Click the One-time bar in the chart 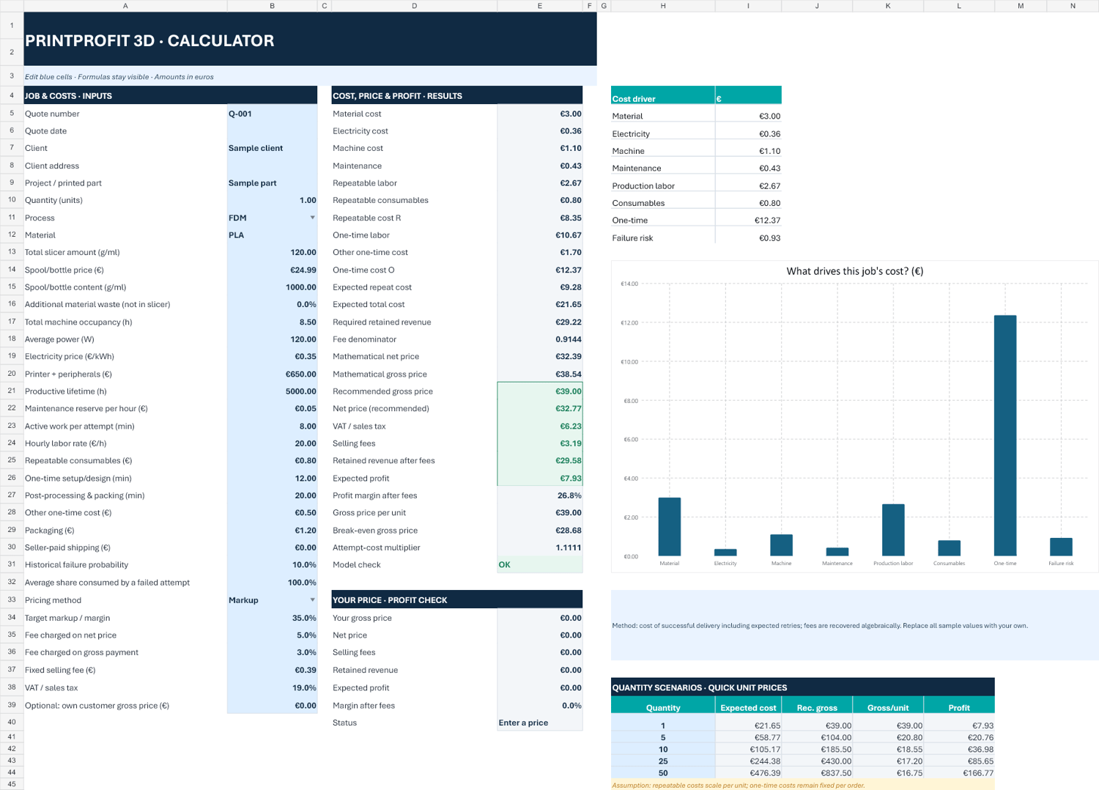1004,435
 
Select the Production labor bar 893,530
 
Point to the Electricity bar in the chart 725,553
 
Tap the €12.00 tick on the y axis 629,323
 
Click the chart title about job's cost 855,271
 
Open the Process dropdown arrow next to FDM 312,218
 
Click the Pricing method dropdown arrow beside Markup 312,599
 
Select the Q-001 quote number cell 273,114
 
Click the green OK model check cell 540,564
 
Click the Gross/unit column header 888,708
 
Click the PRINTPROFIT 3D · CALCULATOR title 149,41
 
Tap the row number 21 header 12,391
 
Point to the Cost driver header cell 663,95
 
